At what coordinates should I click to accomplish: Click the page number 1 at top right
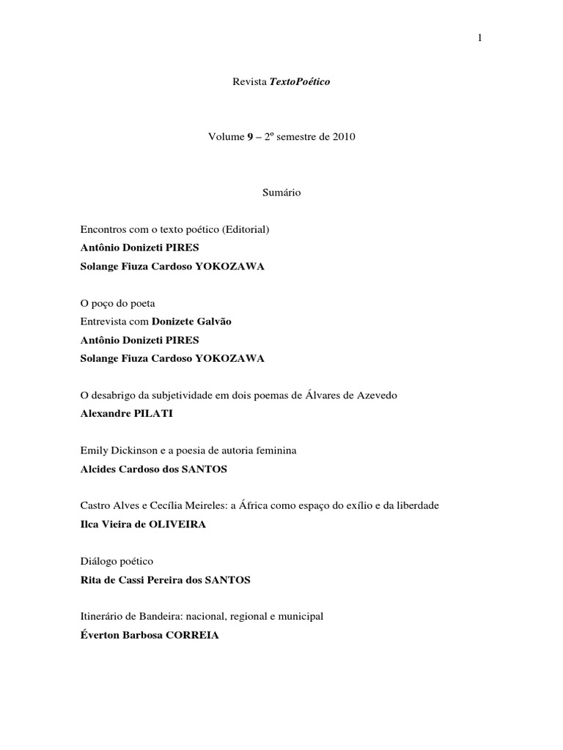click(x=479, y=39)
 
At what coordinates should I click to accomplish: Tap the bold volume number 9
click(x=250, y=138)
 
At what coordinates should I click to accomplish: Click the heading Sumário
click(x=281, y=193)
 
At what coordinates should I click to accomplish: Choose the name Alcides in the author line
click(x=99, y=469)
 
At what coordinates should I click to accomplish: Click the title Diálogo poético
click(x=117, y=561)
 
